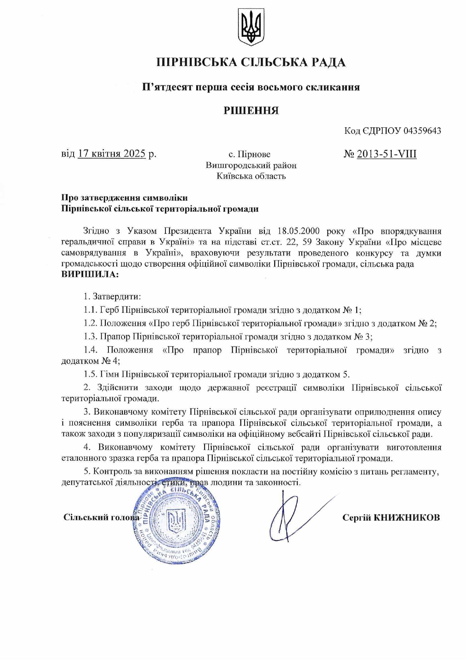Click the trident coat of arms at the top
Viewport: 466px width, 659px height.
pyautogui.click(x=251, y=27)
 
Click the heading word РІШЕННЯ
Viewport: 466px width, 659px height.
pyautogui.click(x=251, y=110)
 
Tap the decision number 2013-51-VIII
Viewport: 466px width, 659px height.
pyautogui.click(x=386, y=154)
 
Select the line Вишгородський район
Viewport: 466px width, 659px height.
pyautogui.click(x=251, y=165)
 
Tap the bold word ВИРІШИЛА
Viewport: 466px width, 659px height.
pyautogui.click(x=89, y=274)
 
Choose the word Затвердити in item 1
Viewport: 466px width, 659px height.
pyautogui.click(x=116, y=296)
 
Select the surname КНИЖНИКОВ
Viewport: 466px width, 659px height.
pyautogui.click(x=407, y=518)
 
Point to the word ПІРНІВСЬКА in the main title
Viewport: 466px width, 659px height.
pyautogui.click(x=196, y=62)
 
